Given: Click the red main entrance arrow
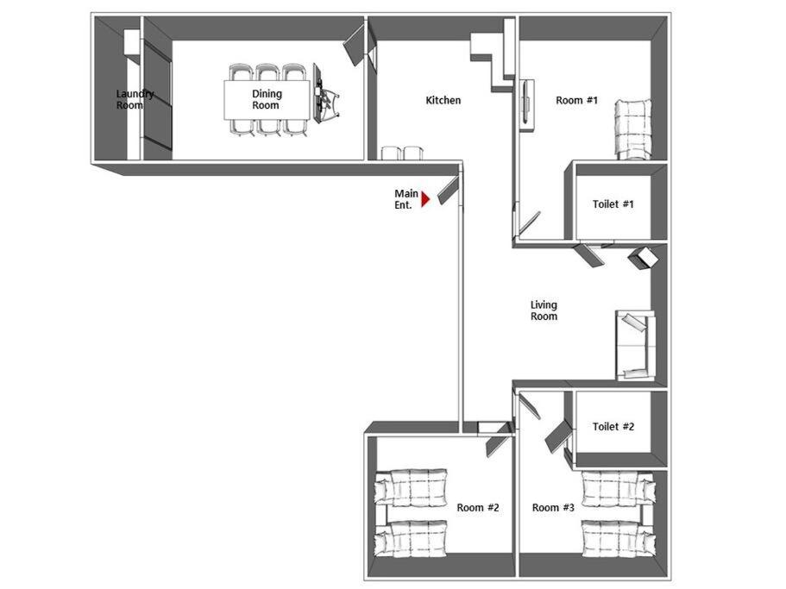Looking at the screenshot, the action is coord(425,199).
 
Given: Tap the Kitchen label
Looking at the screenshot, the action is coord(443,100).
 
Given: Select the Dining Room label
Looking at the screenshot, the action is coord(267,99).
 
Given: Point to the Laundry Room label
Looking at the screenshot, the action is coord(135,99).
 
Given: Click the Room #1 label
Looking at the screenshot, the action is coord(576,100).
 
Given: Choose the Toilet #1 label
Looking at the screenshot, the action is coord(613,204).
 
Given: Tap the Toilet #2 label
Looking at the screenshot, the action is coord(613,426).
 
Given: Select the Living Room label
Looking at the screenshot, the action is coord(544,310).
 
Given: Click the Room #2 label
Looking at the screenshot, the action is coord(478,507).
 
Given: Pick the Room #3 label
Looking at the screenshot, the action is coord(553,507).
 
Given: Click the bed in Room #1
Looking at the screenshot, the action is coord(633,129).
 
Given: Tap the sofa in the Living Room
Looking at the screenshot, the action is coord(635,345).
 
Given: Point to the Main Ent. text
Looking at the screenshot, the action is coord(406,199).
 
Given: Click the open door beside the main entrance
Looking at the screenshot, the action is coord(448,191).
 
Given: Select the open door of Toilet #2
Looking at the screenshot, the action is coord(558,435).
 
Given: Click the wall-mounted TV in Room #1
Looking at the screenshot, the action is coord(525,103).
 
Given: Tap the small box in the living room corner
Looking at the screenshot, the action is coord(642,258).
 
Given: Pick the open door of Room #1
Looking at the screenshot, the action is coord(529,222).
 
